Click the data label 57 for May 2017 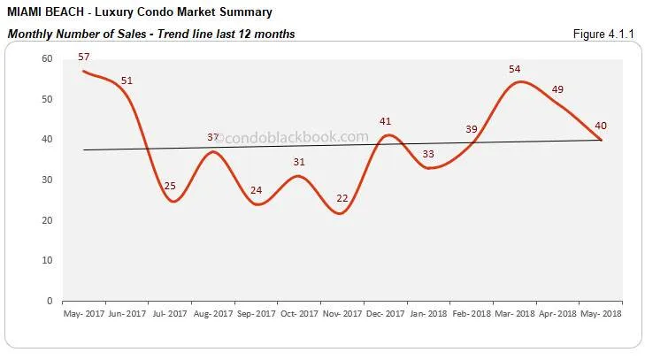coord(85,57)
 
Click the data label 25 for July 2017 coord(169,186)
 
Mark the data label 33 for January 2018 coord(427,154)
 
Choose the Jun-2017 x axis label coord(128,314)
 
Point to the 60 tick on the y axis coord(47,58)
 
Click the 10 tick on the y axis coord(47,261)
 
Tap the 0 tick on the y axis coord(50,301)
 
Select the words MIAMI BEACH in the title coord(44,13)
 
